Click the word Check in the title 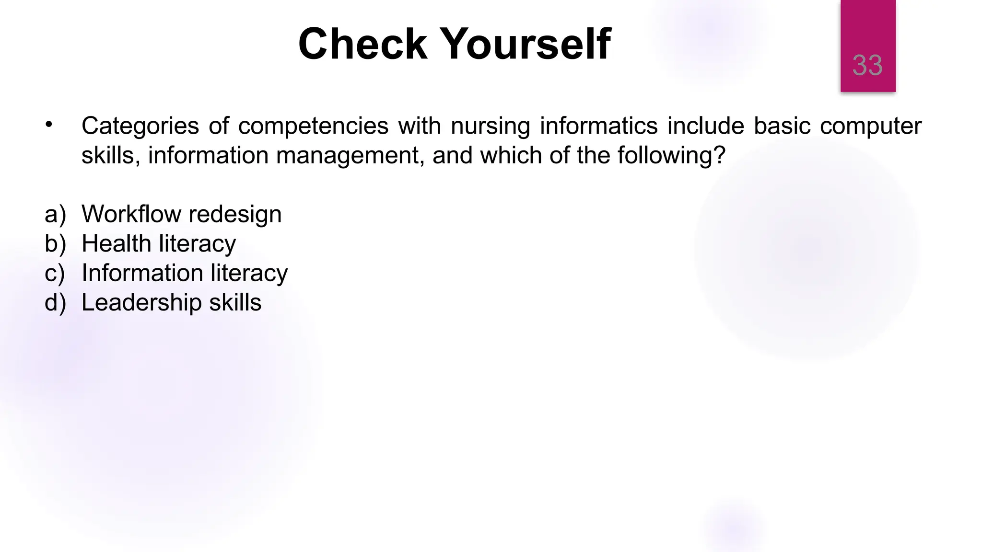click(x=362, y=44)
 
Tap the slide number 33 click(x=867, y=65)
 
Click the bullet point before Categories click(x=48, y=125)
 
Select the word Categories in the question click(x=140, y=126)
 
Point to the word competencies click(x=313, y=126)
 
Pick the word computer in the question click(x=870, y=126)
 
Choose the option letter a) click(x=55, y=214)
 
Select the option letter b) click(x=55, y=243)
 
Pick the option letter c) click(x=54, y=273)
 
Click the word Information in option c click(x=142, y=273)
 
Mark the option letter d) click(x=55, y=303)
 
